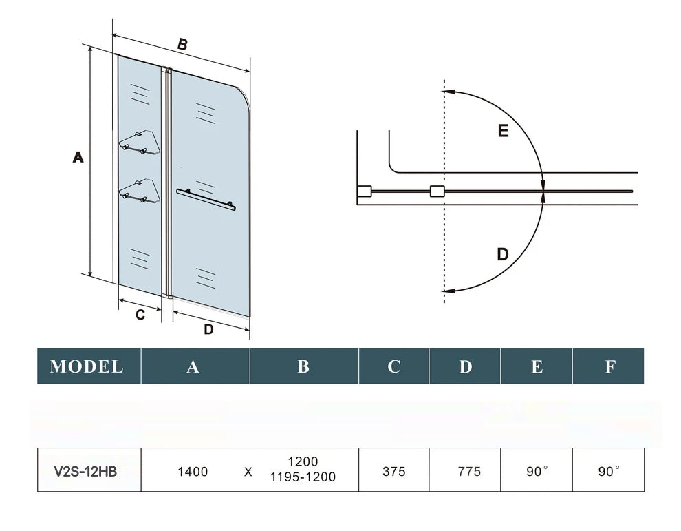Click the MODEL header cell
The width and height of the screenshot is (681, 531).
[x=87, y=366]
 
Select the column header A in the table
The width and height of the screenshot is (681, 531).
[x=193, y=366]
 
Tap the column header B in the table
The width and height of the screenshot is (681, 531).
[x=303, y=366]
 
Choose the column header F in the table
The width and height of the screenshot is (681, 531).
[x=609, y=366]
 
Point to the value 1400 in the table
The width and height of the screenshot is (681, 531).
[x=193, y=472]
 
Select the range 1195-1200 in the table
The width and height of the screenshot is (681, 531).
[x=303, y=477]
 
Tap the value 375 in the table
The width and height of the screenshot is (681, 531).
[x=393, y=472]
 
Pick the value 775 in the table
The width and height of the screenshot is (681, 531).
[x=469, y=472]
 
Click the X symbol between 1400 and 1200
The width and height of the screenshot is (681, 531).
[x=248, y=472]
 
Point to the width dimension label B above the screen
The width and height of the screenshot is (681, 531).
[x=182, y=44]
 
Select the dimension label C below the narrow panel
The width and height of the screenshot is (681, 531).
[x=140, y=315]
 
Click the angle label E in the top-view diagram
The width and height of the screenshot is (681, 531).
[x=503, y=131]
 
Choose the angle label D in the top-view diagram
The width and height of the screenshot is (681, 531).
[x=503, y=254]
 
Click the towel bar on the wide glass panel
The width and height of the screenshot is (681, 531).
[x=205, y=198]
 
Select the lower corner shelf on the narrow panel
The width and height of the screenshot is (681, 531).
[x=140, y=190]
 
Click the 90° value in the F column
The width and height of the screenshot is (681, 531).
[x=609, y=472]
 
